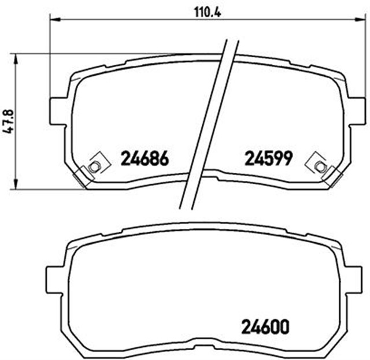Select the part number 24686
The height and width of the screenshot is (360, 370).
144,157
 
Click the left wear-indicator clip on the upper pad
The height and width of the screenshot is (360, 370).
94,166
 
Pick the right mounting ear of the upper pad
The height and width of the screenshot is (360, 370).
354,109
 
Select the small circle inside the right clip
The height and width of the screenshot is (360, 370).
318,166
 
